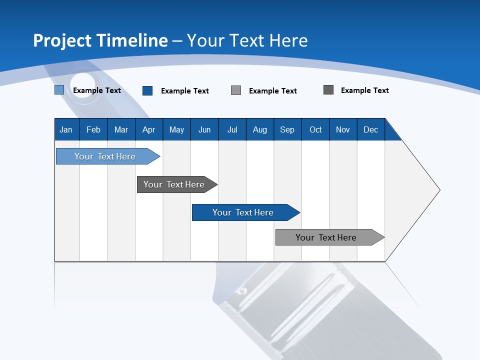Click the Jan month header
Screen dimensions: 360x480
tap(66, 129)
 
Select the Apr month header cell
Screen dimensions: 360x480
tap(149, 129)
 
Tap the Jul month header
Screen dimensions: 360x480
tap(232, 129)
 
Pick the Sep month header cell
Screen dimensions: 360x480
tap(287, 129)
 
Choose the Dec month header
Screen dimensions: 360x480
tap(370, 129)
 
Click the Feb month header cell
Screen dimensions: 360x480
tap(93, 129)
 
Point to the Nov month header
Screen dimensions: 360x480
tap(343, 129)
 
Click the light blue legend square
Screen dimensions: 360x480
tap(59, 90)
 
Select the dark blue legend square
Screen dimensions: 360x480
tap(147, 90)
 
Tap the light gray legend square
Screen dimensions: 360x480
tap(236, 90)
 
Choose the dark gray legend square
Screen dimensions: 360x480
tap(328, 90)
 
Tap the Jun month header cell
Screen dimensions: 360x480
tap(204, 129)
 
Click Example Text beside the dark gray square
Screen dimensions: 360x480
tap(364, 90)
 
